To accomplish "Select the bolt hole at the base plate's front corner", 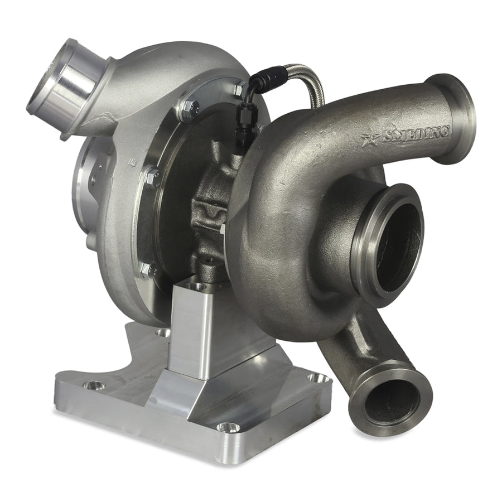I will [228, 428].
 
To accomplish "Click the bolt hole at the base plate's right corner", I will [318, 378].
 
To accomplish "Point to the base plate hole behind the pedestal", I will [163, 332].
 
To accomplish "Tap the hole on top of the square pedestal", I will [196, 286].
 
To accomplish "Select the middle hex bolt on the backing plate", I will [152, 177].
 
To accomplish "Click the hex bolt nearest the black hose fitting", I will [239, 88].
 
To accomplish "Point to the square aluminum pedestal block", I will [198, 324].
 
